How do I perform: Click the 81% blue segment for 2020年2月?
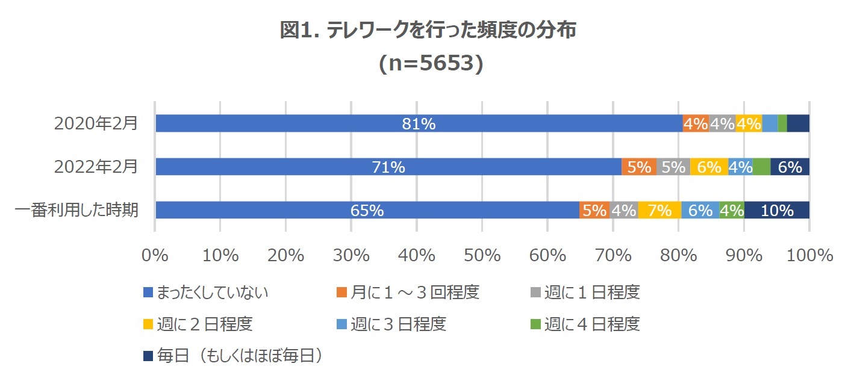pos(419,123)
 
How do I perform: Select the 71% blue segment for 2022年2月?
pos(388,167)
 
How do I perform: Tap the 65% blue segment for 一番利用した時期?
pos(367,210)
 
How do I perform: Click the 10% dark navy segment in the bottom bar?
pos(776,210)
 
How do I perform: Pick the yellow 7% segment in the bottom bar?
pos(659,210)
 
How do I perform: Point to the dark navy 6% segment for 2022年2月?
pos(790,167)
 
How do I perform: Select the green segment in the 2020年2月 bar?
pos(782,123)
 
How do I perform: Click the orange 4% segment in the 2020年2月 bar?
pos(696,123)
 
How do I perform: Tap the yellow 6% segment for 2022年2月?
pos(709,167)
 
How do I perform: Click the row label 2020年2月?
pos(96,123)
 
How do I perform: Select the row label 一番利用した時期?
pos(76,210)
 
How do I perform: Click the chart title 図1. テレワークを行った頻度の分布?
pos(428,30)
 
